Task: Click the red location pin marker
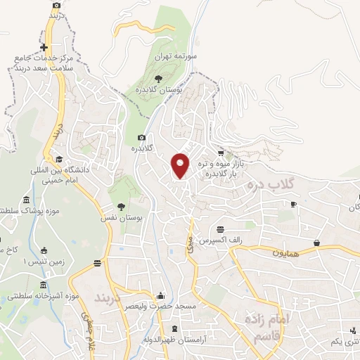[x=181, y=165]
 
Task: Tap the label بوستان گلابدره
[x=159, y=91]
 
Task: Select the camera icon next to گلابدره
[x=141, y=138]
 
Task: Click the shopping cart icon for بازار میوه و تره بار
[x=221, y=153]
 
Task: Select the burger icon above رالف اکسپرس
[x=221, y=229]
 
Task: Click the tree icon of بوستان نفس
[x=122, y=207]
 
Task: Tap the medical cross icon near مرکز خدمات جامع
[x=53, y=47]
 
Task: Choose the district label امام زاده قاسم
[x=266, y=325]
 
